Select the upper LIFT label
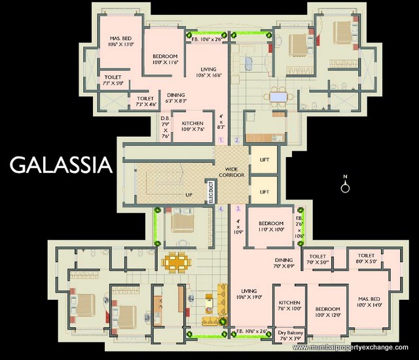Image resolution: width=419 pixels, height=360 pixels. click(x=264, y=159)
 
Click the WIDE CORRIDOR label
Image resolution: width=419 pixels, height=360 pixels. click(x=232, y=172)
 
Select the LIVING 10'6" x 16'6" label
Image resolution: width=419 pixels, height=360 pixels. click(x=208, y=72)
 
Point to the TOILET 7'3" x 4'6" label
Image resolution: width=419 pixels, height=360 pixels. click(x=145, y=101)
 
